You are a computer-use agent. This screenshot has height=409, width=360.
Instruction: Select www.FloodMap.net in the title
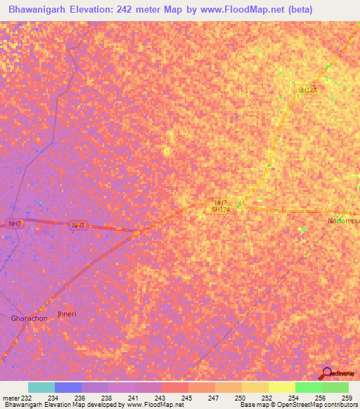[x=242, y=11]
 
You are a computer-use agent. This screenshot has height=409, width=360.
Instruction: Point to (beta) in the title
[x=297, y=11]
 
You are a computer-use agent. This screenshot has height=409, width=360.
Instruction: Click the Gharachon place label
[x=29, y=318]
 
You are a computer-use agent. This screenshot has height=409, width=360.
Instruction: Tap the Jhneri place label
[x=65, y=313]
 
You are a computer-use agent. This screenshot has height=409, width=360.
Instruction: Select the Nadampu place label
[x=343, y=221]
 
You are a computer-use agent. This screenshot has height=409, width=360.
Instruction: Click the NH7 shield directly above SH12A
[x=221, y=202]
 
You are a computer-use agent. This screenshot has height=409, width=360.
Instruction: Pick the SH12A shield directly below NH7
[x=221, y=210]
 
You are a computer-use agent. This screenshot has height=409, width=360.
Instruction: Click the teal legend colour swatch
[x=41, y=387]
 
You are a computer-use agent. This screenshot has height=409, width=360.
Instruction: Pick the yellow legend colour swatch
[x=282, y=387]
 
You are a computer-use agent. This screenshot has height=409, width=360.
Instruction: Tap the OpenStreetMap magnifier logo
[x=326, y=372]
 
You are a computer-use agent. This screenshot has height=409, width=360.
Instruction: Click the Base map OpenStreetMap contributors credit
[x=297, y=405]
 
